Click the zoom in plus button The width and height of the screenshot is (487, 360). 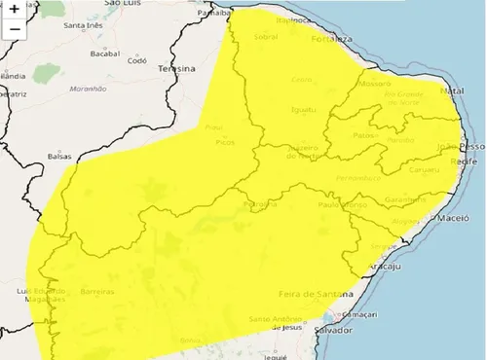pos(15,10)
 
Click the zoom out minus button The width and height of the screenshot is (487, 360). pos(15,29)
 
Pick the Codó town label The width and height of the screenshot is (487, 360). pos(136,60)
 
